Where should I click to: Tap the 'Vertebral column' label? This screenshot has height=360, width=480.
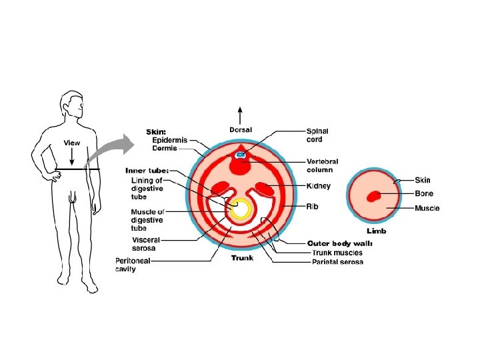pos(322,165)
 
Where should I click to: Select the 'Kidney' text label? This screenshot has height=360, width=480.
pos(318,185)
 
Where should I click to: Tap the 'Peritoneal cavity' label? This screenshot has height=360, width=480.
pos(135,265)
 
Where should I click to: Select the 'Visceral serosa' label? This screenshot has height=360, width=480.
pos(145,243)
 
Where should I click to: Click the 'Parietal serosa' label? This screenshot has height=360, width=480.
pos(338,262)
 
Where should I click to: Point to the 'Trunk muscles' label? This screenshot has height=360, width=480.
pos(337,253)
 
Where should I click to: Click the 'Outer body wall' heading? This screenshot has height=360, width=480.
pos(340,243)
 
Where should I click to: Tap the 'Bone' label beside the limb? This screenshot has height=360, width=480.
pos(424,194)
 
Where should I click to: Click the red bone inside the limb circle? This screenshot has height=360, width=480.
pos(373,195)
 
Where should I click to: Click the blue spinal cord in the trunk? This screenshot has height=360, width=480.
pos(241,155)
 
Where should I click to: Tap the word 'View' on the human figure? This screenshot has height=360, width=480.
pos(72,143)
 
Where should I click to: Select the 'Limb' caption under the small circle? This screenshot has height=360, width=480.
pos(375,231)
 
